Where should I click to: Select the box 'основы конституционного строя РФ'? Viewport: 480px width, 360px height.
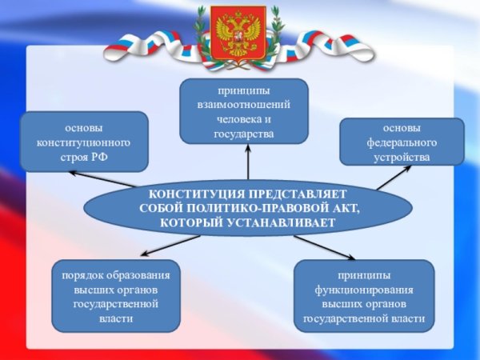tap(83, 142)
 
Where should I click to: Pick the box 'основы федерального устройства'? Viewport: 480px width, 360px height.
tap(402, 142)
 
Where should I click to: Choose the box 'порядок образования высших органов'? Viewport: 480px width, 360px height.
tap(116, 296)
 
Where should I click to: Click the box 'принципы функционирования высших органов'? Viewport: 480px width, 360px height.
tap(363, 296)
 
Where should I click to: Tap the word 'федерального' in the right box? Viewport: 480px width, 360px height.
tap(402, 142)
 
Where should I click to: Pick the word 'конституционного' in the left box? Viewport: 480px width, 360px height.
tap(83, 142)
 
